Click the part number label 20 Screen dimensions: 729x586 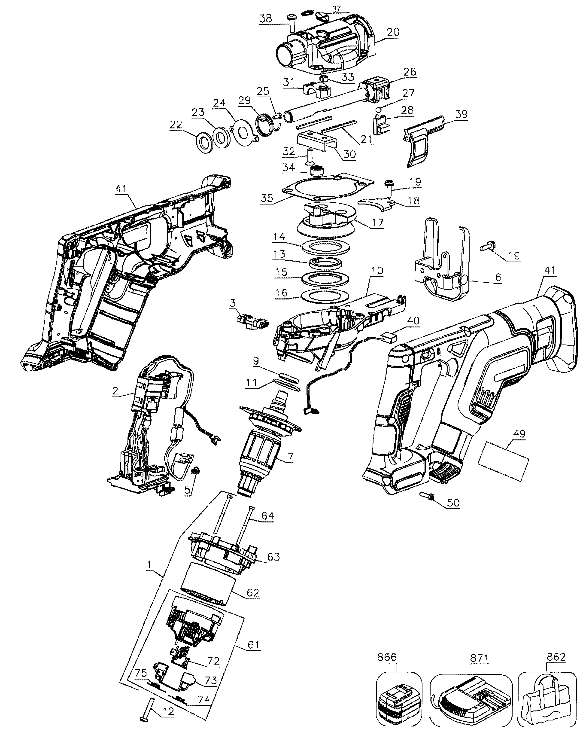[x=393, y=32]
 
